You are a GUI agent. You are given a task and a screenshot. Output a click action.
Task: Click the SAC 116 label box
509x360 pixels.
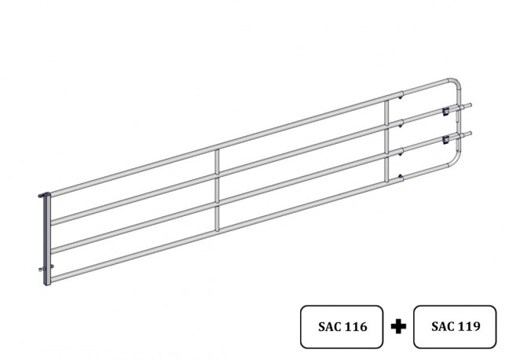pos(342,326)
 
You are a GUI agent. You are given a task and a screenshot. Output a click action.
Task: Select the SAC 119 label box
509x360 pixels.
pos(455,326)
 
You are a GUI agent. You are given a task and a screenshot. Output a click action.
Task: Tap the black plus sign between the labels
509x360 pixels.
pos(398,326)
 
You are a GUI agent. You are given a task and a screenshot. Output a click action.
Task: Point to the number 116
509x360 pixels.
pos(356,326)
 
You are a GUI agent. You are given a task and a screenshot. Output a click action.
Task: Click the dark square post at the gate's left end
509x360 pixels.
pos(47,239)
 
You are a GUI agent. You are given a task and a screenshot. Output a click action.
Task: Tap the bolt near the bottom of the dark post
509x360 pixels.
pos(46,268)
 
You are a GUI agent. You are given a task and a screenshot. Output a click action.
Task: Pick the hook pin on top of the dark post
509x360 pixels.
pos(43,195)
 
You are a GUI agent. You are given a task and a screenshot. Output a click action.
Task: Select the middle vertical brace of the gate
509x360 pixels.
pos(217,190)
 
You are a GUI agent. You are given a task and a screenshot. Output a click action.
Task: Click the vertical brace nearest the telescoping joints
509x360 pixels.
pos(386,141)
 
